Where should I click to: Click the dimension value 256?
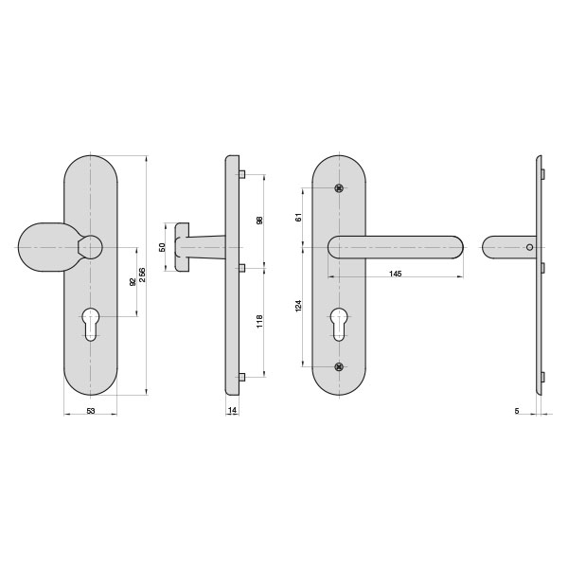coord(142,275)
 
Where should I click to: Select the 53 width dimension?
coord(91,411)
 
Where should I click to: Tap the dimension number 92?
coord(133,282)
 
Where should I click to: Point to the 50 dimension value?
coord(162,247)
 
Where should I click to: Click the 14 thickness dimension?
coord(232,410)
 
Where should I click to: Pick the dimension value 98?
coord(259,221)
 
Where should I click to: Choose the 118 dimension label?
coord(259,322)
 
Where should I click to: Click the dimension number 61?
coord(298,218)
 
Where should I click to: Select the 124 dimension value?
coord(298,306)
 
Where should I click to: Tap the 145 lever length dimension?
coord(395,274)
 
